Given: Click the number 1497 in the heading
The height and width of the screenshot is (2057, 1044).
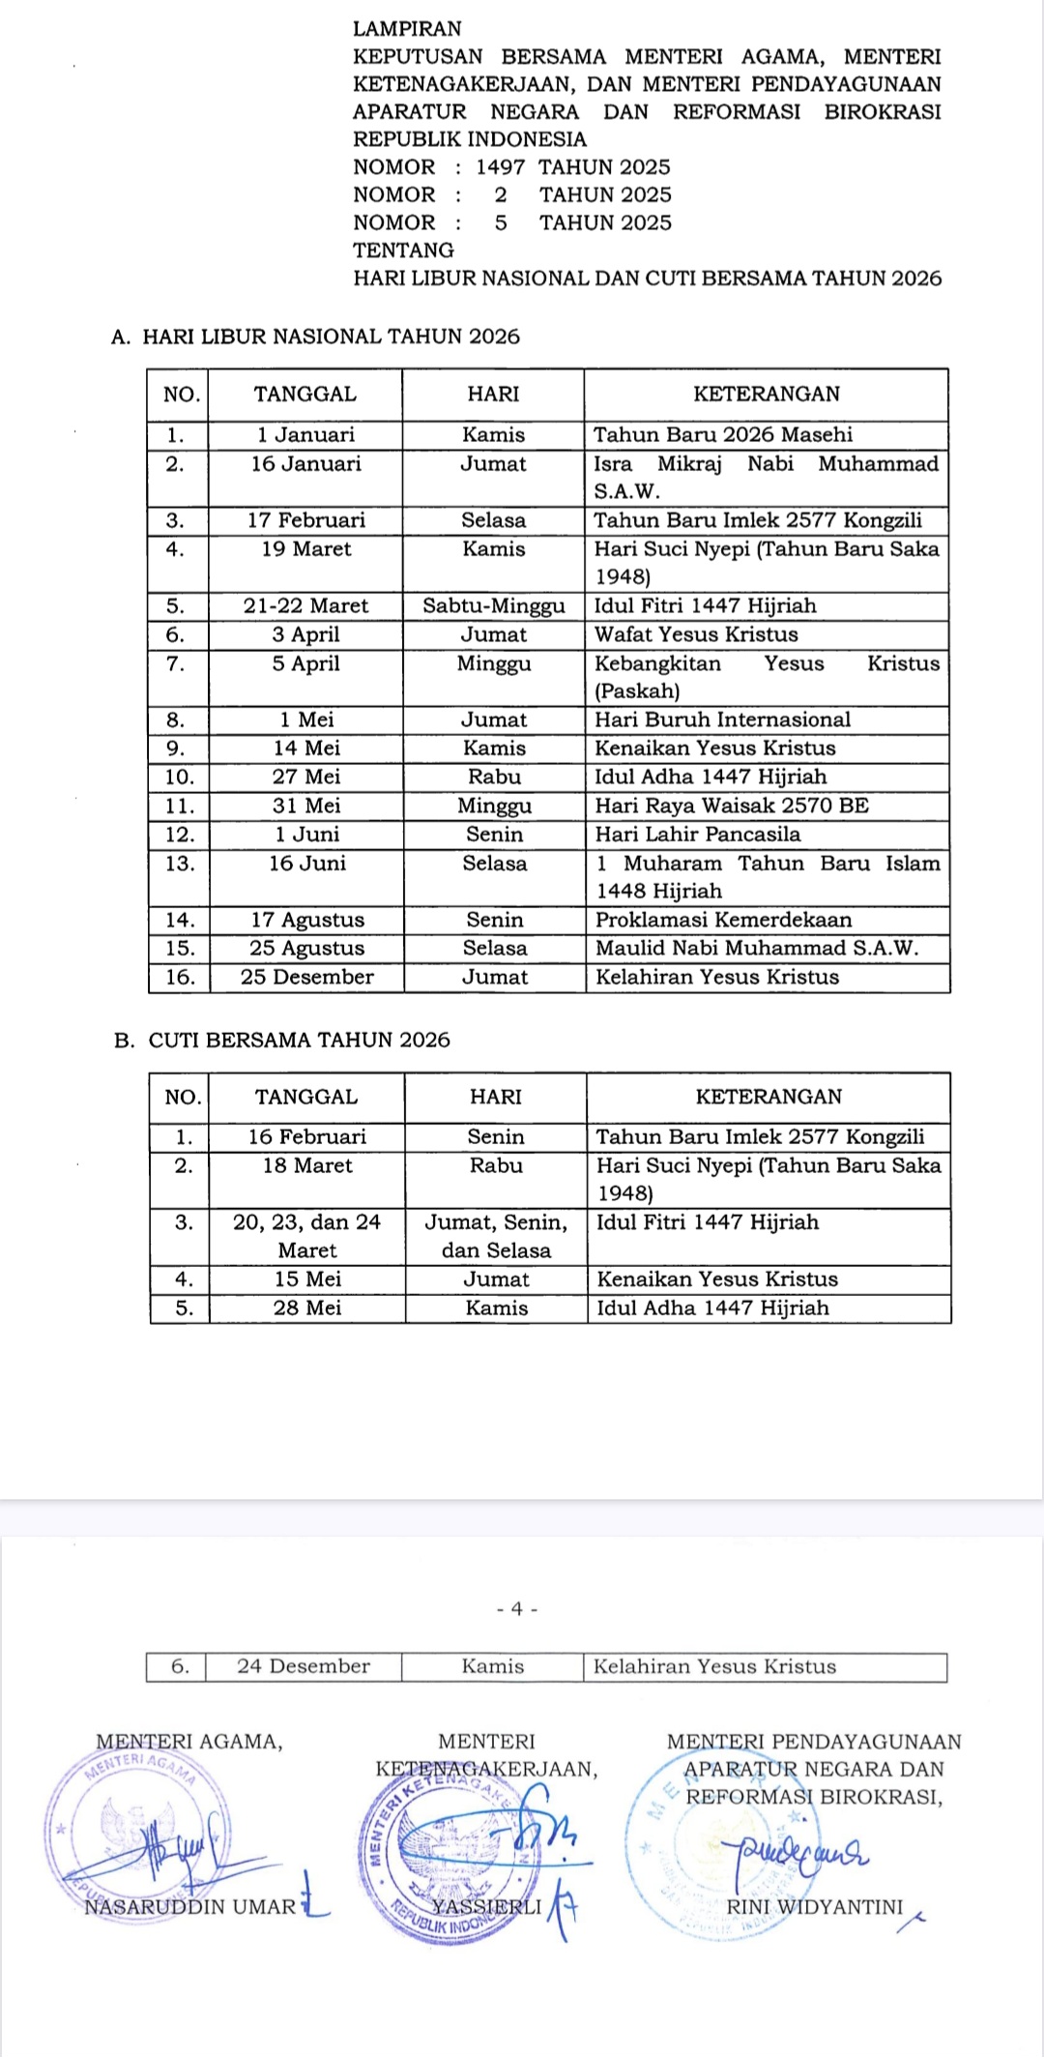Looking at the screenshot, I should pyautogui.click(x=500, y=167).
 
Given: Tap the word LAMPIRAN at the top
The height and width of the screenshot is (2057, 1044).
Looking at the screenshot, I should pyautogui.click(x=407, y=29).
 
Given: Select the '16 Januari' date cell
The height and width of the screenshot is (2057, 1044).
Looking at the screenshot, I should pyautogui.click(x=305, y=464).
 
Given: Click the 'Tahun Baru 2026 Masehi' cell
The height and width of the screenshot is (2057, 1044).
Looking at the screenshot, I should pyautogui.click(x=723, y=434).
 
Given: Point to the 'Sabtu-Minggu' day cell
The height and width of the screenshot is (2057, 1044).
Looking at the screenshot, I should pyautogui.click(x=493, y=606).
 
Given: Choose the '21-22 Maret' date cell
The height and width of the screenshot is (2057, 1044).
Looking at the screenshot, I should pyautogui.click(x=305, y=606).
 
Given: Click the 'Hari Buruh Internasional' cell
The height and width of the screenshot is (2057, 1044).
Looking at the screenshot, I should pyautogui.click(x=722, y=720).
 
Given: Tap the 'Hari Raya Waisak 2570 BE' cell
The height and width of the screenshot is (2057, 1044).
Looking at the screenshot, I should pyautogui.click(x=731, y=806).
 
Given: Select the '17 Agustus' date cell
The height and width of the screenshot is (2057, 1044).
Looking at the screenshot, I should pyautogui.click(x=307, y=920).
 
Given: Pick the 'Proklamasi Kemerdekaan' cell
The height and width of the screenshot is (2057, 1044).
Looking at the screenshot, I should pyautogui.click(x=723, y=920).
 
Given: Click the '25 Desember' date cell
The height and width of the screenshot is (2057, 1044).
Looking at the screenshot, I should pyautogui.click(x=307, y=977).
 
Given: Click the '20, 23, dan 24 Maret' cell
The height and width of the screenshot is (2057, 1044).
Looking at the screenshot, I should pyautogui.click(x=307, y=1236).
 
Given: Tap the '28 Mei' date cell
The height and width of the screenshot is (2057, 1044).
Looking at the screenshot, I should pyautogui.click(x=307, y=1308).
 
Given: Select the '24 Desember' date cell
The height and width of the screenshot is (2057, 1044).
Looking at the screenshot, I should pyautogui.click(x=304, y=1666).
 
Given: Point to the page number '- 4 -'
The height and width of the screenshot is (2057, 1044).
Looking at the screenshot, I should pyautogui.click(x=517, y=1609).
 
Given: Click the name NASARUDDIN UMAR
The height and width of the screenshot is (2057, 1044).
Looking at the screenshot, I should pyautogui.click(x=190, y=1907).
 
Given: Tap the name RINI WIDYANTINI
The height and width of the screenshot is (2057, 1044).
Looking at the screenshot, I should pyautogui.click(x=814, y=1907).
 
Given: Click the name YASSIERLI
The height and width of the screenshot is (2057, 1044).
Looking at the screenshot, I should pyautogui.click(x=486, y=1907).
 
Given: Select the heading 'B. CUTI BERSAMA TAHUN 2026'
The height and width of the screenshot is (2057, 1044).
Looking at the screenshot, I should pyautogui.click(x=282, y=1041).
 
